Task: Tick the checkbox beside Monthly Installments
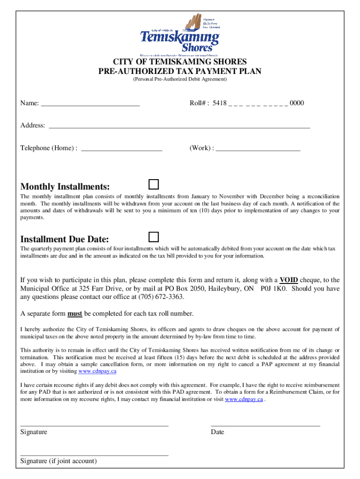point(154,183)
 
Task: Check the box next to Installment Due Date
point(154,236)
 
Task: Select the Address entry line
point(180,127)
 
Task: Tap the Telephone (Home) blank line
point(122,150)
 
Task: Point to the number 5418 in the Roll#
point(219,103)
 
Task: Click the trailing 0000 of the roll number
point(297,103)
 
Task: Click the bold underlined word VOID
point(289,280)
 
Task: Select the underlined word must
point(75,313)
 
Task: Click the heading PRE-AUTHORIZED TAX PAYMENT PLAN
point(180,71)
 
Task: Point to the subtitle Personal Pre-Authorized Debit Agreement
point(180,80)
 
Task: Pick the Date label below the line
point(217,432)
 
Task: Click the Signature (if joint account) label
point(58,461)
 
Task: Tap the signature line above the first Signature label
point(94,426)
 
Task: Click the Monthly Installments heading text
point(65,186)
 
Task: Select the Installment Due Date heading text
point(65,239)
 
